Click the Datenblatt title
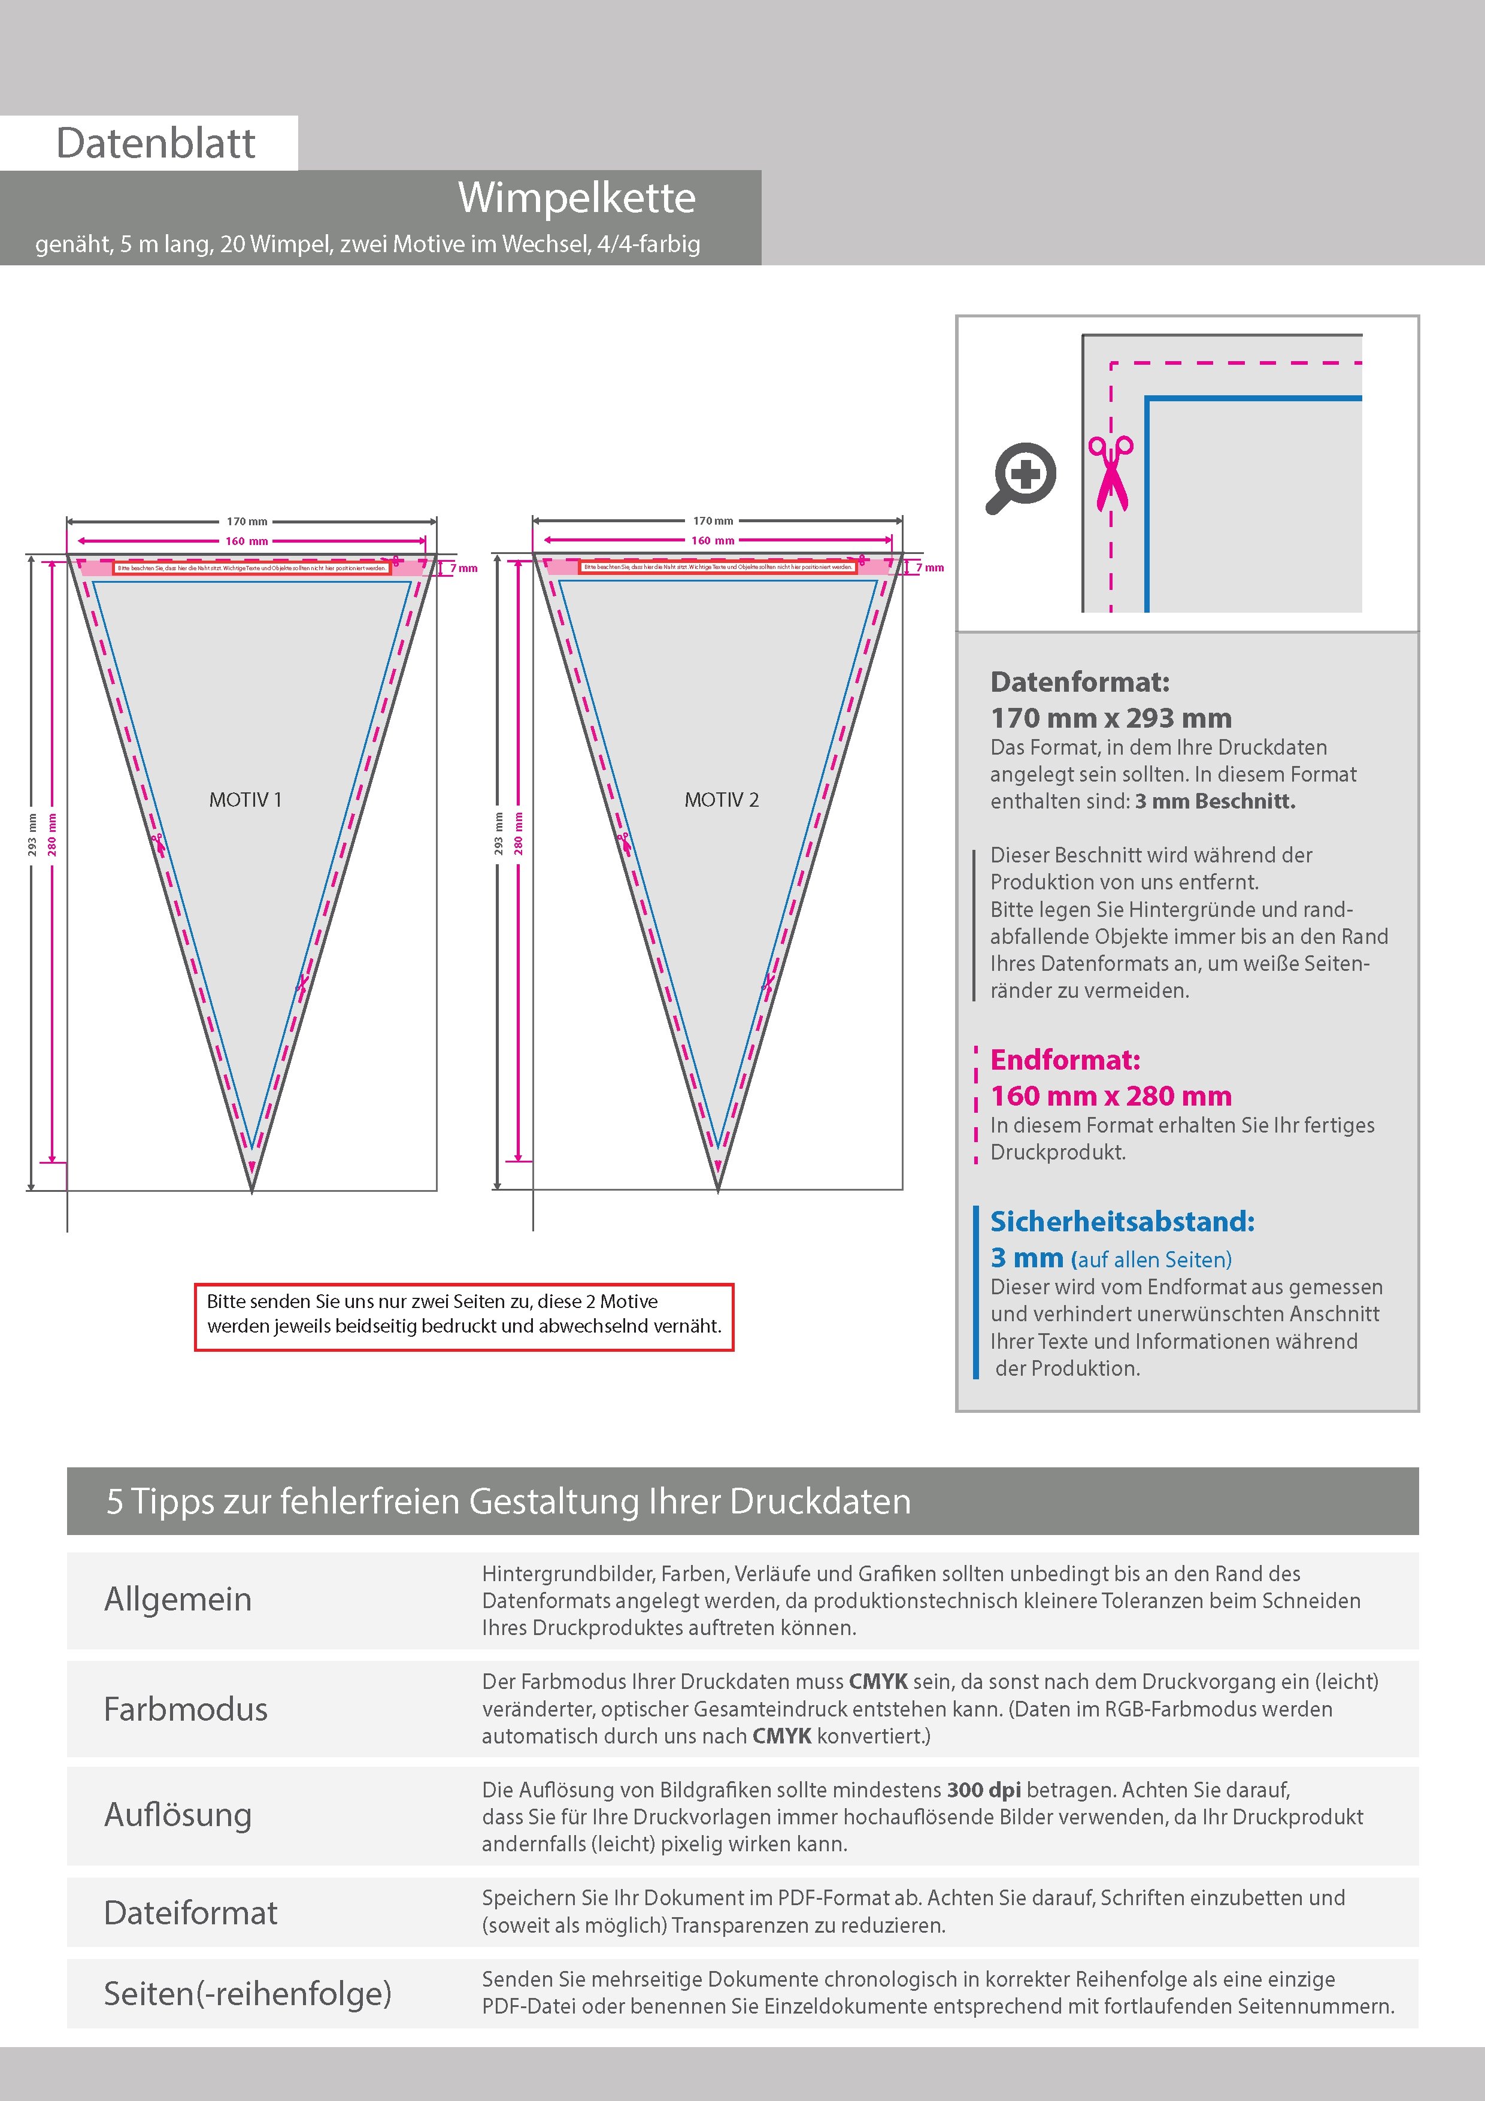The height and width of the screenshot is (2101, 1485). [156, 144]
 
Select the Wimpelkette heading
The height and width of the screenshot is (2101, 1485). [577, 198]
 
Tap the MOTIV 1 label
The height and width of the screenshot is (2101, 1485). [246, 800]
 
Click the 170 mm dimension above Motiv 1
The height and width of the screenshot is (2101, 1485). [247, 522]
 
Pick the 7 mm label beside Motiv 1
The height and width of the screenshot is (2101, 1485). [464, 568]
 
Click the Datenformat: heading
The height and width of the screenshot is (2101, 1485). [1080, 682]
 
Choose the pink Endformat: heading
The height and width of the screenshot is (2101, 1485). [1065, 1059]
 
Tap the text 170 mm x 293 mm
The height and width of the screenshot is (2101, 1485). [1111, 718]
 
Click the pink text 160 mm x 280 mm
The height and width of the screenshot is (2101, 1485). [1111, 1095]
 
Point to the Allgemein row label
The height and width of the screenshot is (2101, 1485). [177, 1599]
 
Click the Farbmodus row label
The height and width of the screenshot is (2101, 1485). [186, 1709]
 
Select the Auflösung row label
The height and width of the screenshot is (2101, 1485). [177, 1815]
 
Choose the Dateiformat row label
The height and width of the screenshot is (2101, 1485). [190, 1912]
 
